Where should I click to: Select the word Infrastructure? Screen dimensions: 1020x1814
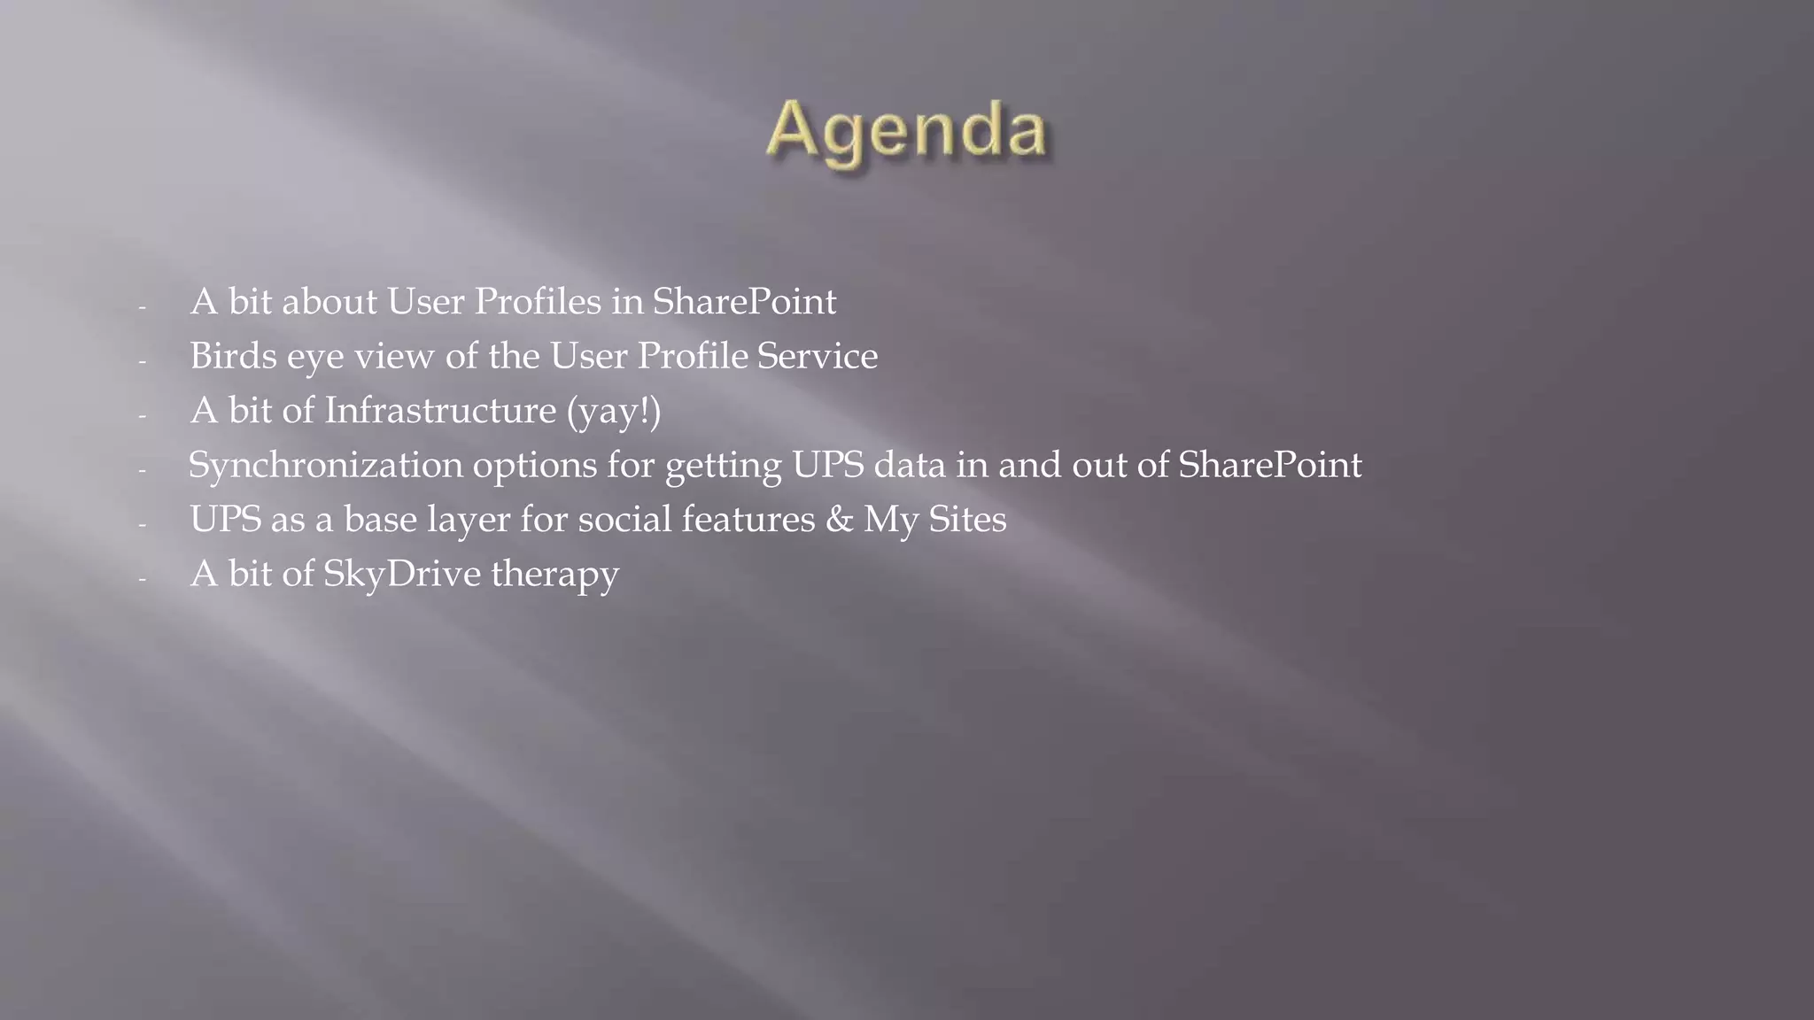439,411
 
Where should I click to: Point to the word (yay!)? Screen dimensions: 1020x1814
614,411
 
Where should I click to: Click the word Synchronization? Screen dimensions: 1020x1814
325,465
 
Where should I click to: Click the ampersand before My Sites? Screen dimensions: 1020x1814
839,520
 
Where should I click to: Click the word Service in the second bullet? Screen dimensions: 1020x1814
817,356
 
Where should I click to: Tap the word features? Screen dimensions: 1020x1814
748,520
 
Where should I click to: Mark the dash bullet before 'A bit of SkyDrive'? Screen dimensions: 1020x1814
142,578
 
